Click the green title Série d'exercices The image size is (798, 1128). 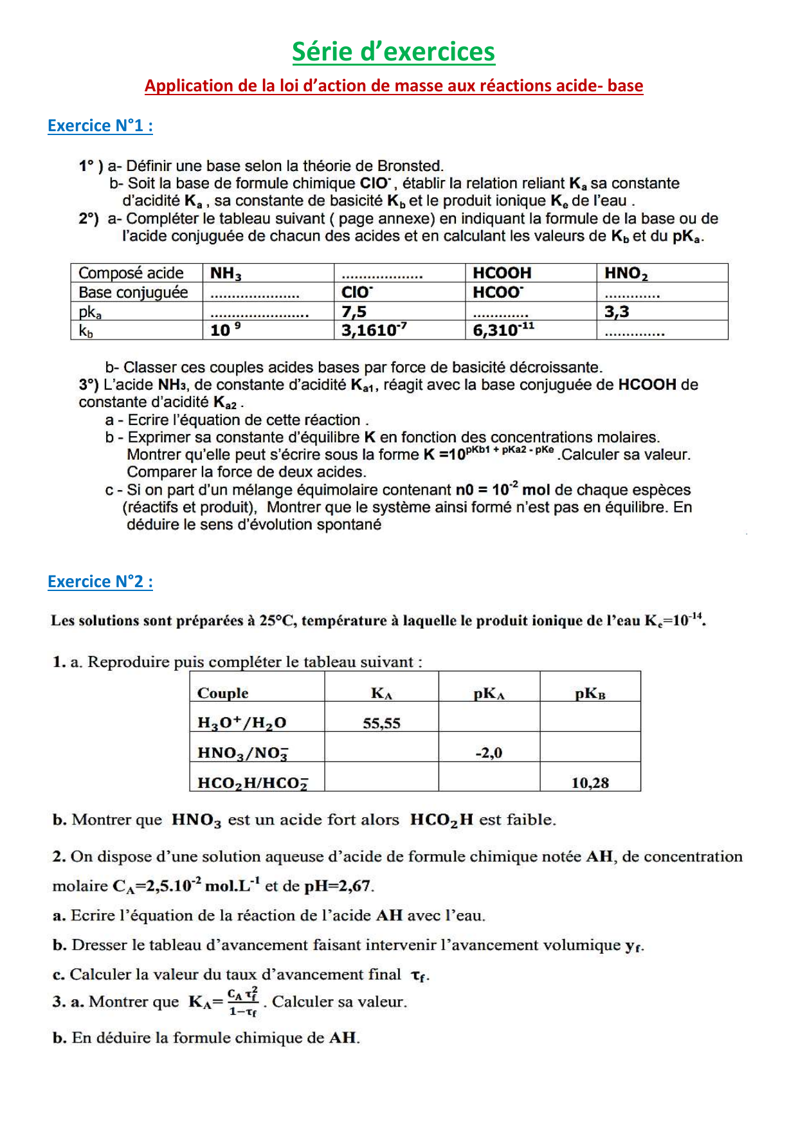[394, 52]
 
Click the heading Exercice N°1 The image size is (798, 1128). [100, 125]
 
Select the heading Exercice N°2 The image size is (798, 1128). [100, 581]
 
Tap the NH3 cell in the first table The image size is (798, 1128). [226, 273]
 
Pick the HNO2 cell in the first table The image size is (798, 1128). [626, 273]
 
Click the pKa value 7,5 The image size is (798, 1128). [354, 312]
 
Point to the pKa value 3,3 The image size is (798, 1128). [616, 312]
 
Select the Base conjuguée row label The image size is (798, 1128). [133, 293]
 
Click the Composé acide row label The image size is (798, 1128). [131, 273]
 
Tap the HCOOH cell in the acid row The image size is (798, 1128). [502, 273]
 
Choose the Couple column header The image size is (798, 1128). [222, 693]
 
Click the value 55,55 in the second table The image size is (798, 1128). [381, 723]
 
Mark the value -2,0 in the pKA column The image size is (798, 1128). [489, 753]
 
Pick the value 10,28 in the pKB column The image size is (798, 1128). [590, 783]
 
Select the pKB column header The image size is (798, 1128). [590, 693]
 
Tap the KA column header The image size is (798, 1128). [381, 693]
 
